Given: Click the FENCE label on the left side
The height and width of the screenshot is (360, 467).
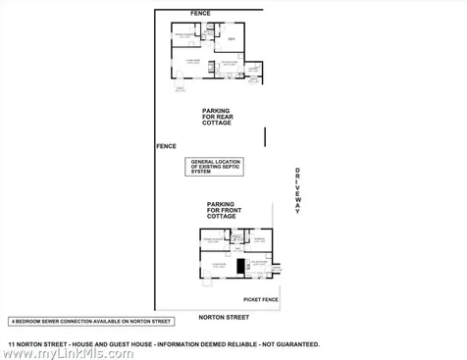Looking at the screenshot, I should coord(166,146).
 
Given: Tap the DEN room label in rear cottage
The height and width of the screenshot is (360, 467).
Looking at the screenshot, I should coord(232,38).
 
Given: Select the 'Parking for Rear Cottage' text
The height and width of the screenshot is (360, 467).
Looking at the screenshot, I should coord(217,117).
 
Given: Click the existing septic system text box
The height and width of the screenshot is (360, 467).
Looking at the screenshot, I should coord(215,168).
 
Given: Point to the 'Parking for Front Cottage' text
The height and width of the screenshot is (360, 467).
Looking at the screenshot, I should coord(220,209).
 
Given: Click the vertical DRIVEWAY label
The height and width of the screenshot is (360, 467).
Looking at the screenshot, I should coord(297,191).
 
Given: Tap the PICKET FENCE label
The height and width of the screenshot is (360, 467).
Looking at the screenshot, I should coord(261,299).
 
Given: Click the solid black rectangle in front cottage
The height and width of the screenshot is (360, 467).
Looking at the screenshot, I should coord(239,266).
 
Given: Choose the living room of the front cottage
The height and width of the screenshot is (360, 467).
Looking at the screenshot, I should coord(216,266).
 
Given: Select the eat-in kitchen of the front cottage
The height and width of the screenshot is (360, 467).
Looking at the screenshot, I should coord(259,263).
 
